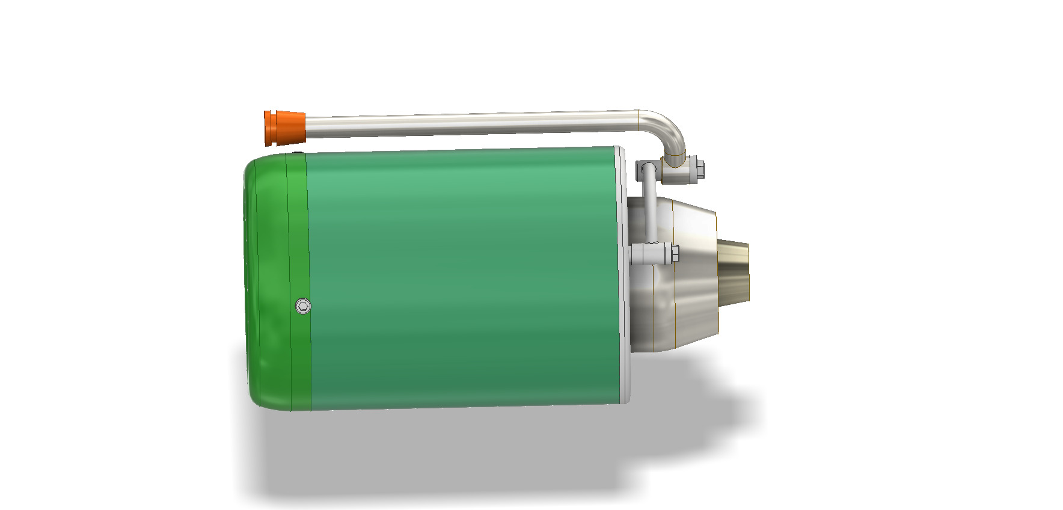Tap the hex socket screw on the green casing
pyautogui.click(x=304, y=306)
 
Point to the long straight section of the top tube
pyautogui.click(x=469, y=123)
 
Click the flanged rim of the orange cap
pyautogui.click(x=268, y=127)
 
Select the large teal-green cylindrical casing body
pyautogui.click(x=463, y=277)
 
